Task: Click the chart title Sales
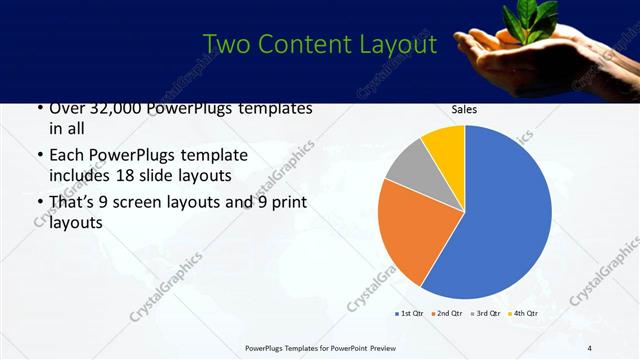tap(464, 110)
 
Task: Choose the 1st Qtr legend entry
tap(410, 314)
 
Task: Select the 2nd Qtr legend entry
tap(448, 314)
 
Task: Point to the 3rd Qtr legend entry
tap(486, 314)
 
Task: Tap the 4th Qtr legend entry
tap(524, 314)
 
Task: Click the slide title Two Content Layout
tap(319, 45)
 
